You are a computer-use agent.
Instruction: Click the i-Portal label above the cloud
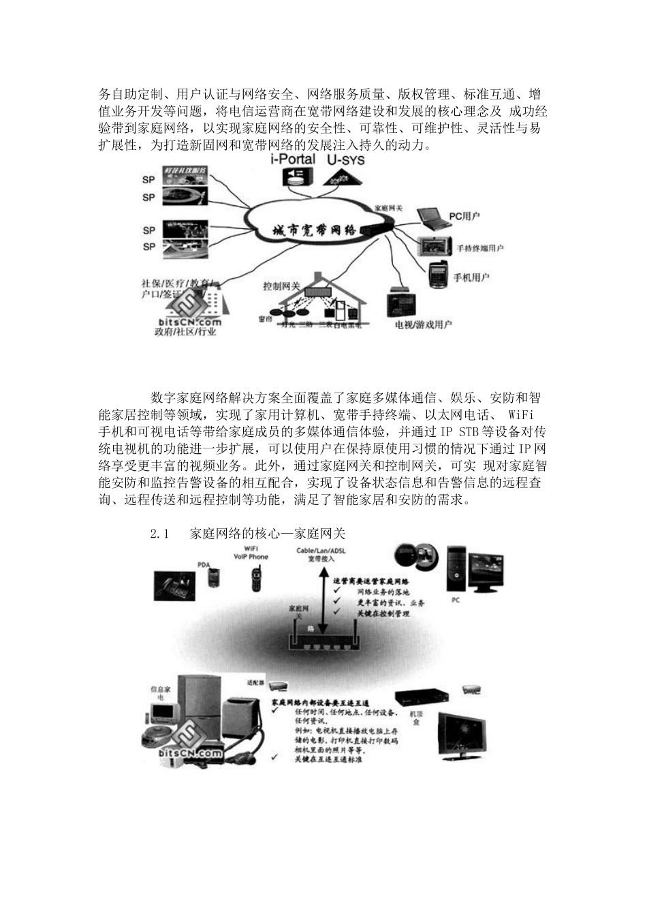[293, 159]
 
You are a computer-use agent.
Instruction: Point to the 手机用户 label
[471, 277]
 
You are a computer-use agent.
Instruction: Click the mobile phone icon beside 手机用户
[436, 274]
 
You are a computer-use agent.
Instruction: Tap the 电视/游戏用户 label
[424, 324]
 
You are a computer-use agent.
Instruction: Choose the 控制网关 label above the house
[282, 286]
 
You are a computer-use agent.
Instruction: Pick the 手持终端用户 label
[480, 248]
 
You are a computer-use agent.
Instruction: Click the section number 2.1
[159, 533]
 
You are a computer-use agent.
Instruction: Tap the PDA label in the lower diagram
[204, 564]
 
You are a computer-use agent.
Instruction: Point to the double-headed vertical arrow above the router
[323, 599]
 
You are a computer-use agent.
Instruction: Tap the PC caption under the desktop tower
[456, 600]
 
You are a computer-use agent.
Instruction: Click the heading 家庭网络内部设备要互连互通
[319, 702]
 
